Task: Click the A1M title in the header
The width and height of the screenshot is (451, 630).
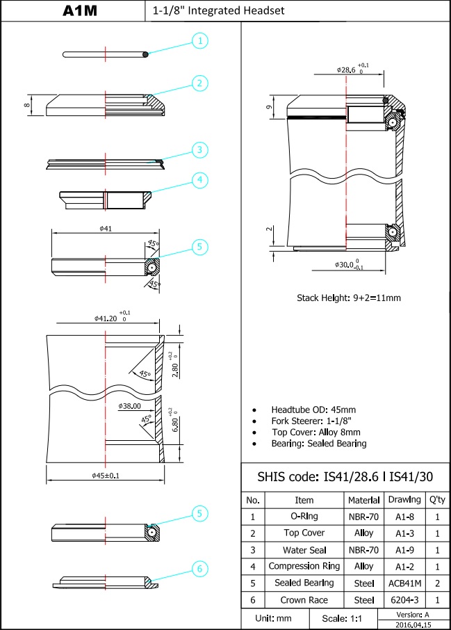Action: coord(74,11)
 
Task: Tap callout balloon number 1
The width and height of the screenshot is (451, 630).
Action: coord(199,41)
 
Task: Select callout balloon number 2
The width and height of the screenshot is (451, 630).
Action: coord(199,83)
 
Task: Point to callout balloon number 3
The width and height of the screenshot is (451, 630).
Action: coord(199,150)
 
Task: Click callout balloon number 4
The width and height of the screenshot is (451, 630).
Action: coord(199,181)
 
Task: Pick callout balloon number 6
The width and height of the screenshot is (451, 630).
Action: coord(199,569)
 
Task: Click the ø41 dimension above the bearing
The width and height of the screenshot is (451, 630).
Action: coord(106,229)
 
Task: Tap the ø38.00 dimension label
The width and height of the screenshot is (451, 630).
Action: coord(130,405)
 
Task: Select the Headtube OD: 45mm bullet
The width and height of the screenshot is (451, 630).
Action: coord(313,410)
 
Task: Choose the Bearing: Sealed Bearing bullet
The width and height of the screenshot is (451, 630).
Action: coord(319,443)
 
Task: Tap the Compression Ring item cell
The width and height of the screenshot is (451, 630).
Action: coord(304,566)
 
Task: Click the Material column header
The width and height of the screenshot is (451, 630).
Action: coord(363,499)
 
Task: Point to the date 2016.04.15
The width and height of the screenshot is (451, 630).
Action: coord(413,624)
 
